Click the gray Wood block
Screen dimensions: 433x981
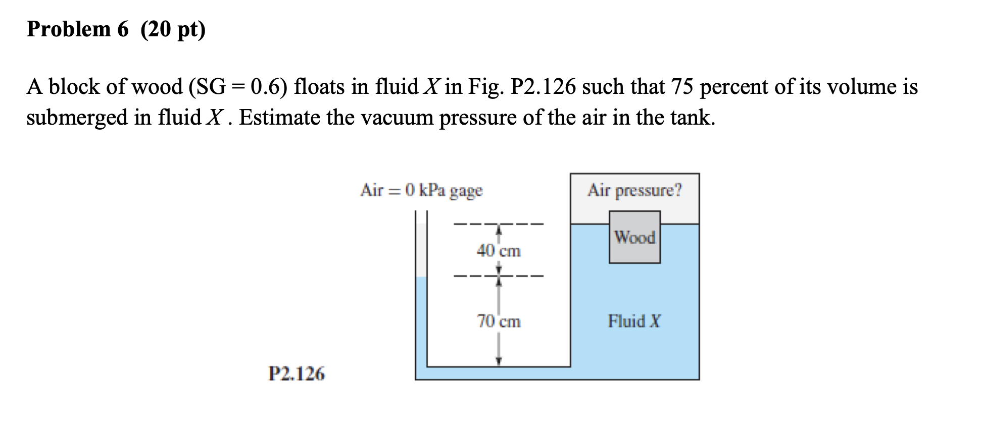[634, 237]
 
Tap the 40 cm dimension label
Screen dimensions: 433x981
[498, 251]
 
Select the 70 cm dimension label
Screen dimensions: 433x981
[498, 321]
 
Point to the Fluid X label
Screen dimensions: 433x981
[634, 321]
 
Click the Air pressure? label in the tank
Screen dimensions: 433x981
[634, 191]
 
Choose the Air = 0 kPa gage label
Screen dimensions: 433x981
[421, 191]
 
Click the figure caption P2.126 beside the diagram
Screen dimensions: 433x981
[297, 374]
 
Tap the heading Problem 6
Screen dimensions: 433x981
[78, 29]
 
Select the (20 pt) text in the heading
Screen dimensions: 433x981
[173, 30]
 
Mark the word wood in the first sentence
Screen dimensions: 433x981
[157, 87]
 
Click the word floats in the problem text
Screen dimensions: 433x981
[319, 87]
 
